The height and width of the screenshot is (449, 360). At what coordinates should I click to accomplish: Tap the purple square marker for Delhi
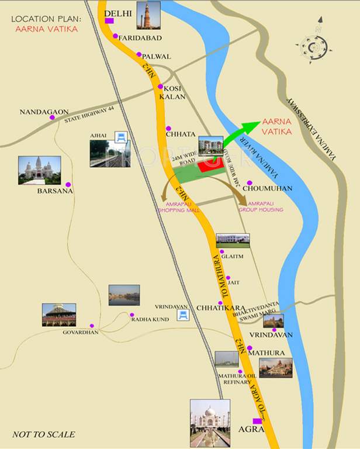pos(109,21)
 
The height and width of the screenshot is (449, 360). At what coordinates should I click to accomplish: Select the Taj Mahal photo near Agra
pos(210,423)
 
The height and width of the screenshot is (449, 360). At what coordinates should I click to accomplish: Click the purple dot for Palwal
pos(139,55)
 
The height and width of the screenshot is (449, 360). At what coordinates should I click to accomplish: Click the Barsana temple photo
pos(39,170)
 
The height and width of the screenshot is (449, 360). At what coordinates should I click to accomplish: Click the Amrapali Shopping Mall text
pos(179,206)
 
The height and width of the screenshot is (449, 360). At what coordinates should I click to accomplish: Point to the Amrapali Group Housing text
pos(266,206)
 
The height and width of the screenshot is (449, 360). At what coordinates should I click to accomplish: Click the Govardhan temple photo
pos(58,315)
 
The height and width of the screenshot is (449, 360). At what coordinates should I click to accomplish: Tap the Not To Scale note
pos(43,434)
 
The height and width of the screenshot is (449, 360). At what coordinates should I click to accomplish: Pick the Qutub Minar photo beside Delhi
pos(148,15)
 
